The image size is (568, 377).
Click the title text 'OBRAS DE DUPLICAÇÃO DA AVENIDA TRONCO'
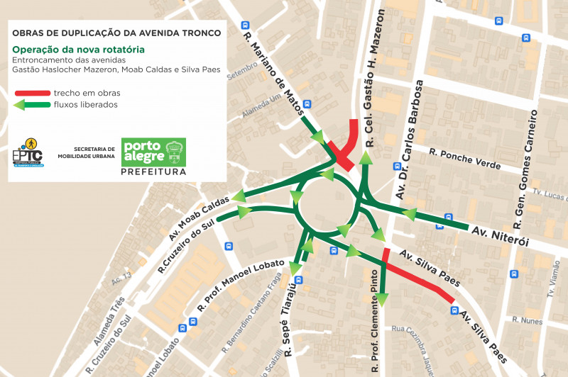(116, 33)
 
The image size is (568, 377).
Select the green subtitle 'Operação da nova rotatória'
(78, 50)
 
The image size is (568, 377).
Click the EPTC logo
(28, 153)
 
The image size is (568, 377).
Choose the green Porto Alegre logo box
(154, 152)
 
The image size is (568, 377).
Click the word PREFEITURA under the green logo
(154, 172)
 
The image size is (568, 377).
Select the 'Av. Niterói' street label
(501, 236)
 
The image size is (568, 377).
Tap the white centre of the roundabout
(325, 206)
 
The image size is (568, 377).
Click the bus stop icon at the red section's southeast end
(453, 310)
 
